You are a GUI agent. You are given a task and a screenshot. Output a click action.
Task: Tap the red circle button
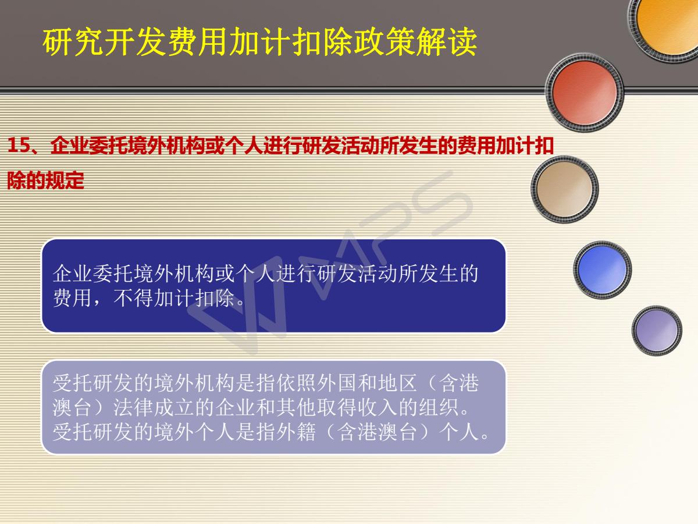pyautogui.click(x=585, y=92)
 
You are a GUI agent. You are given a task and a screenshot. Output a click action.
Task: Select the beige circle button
pyautogui.click(x=564, y=189)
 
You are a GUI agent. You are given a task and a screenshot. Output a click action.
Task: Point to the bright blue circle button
pyautogui.click(x=602, y=270)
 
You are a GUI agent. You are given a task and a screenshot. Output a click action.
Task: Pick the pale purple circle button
pyautogui.click(x=657, y=330)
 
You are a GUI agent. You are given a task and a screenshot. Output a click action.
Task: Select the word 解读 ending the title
pyautogui.click(x=446, y=42)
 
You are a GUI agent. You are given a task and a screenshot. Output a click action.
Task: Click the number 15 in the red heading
pyautogui.click(x=19, y=146)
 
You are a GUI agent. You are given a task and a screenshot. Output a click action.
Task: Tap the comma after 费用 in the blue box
pyautogui.click(x=97, y=303)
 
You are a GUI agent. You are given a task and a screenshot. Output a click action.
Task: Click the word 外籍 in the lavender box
pyautogui.click(x=296, y=432)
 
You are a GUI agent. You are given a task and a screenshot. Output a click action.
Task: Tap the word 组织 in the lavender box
pyautogui.click(x=439, y=408)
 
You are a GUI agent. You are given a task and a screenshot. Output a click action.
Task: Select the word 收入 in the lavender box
pyautogui.click(x=378, y=408)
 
